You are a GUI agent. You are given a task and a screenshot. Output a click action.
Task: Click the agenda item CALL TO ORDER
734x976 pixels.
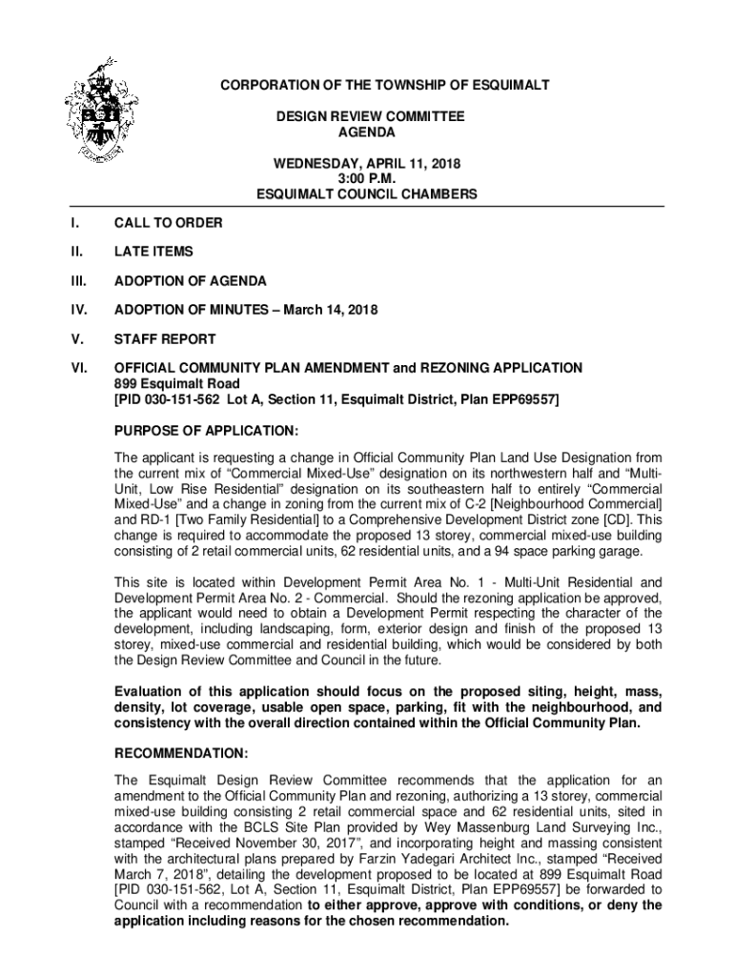pos(169,223)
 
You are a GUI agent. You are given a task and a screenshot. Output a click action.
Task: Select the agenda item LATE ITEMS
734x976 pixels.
pos(153,252)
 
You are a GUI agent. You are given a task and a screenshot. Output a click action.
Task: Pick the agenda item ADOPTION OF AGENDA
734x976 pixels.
pos(191,281)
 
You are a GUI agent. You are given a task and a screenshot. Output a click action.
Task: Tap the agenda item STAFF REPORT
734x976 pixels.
pos(165,339)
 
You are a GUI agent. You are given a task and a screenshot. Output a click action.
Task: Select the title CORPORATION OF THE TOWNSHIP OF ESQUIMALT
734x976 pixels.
pos(385,86)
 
